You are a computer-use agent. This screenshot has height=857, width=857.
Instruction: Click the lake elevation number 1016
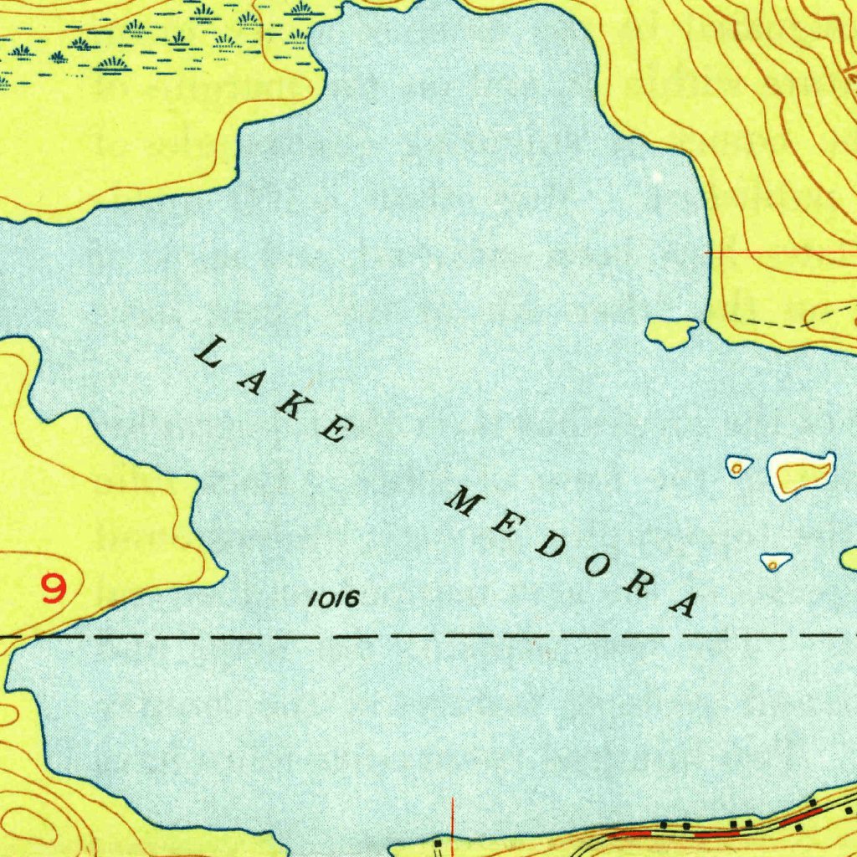(333, 599)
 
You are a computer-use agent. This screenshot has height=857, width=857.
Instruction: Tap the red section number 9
(54, 588)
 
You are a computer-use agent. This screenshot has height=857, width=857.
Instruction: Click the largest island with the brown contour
(801, 475)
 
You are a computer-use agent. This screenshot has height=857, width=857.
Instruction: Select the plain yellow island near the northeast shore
(671, 331)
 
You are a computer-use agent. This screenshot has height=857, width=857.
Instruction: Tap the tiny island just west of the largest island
(737, 466)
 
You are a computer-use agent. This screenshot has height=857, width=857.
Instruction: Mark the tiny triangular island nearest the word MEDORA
(773, 562)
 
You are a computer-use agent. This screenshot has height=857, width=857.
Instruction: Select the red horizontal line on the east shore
(778, 252)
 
